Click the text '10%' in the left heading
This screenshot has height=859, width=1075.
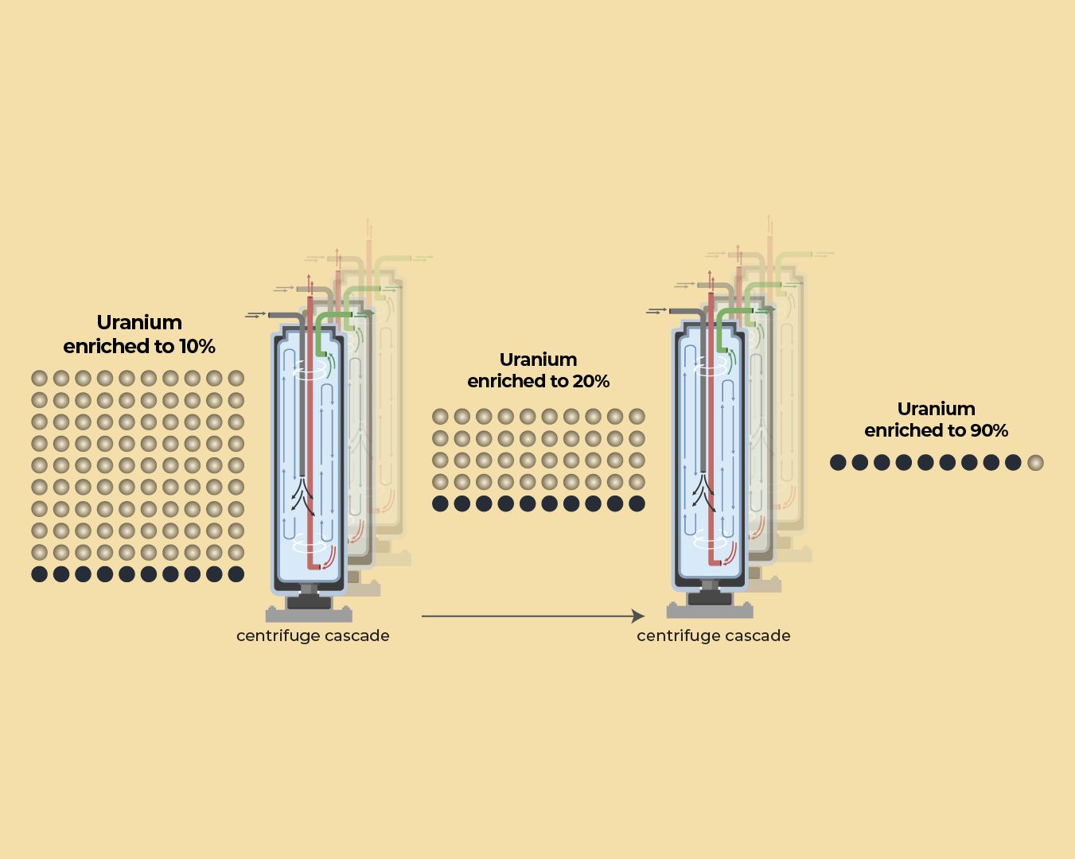tap(197, 347)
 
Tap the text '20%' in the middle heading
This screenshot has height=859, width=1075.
tap(591, 382)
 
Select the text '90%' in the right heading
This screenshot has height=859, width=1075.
tap(989, 431)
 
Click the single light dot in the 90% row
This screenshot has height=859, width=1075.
tap(1035, 463)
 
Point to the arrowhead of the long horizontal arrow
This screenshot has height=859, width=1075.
tap(638, 616)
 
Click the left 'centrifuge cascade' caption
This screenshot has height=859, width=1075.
tap(313, 636)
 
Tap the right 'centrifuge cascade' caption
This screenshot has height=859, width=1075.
tap(714, 636)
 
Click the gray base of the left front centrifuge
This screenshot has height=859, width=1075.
tap(309, 614)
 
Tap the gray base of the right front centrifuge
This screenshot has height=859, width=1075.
tap(710, 611)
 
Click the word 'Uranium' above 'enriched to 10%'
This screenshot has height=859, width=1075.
tap(139, 323)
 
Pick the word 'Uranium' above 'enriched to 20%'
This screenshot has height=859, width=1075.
tap(539, 360)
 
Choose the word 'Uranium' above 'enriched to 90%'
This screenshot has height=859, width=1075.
tap(937, 410)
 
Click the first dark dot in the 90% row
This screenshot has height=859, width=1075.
tap(838, 463)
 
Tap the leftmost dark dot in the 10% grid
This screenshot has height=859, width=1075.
tap(39, 574)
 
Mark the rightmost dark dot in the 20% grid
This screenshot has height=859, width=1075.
tap(637, 503)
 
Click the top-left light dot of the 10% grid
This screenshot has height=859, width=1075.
tap(39, 379)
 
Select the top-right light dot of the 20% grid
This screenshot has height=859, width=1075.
tap(637, 416)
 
